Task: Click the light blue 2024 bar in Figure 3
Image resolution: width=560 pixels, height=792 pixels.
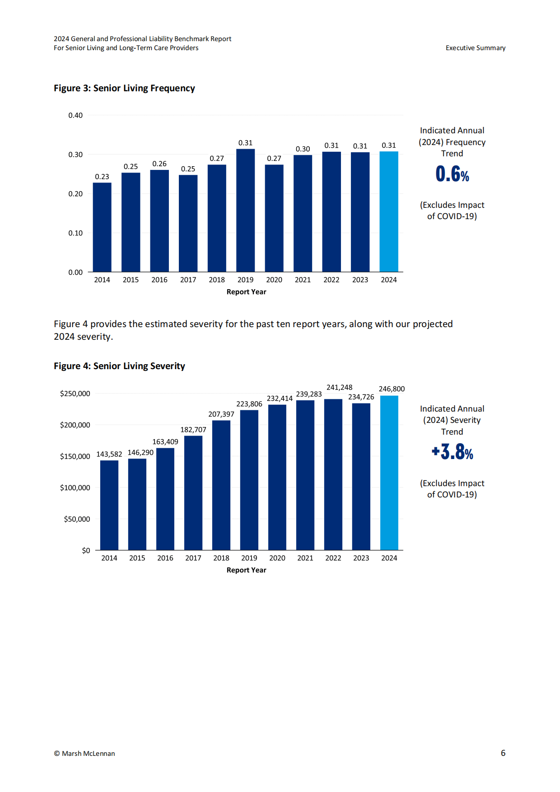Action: (389, 211)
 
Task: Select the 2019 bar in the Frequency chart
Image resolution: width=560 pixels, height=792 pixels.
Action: (245, 210)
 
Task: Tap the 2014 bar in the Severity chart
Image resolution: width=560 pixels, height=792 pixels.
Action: (109, 505)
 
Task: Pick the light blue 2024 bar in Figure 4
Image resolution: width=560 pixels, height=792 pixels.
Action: (389, 473)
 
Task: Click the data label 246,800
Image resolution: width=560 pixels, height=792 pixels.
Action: (392, 389)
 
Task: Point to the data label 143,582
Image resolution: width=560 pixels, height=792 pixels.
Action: (109, 454)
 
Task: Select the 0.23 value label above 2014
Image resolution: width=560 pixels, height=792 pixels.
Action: (102, 177)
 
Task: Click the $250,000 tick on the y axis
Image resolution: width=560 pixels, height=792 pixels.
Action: (75, 394)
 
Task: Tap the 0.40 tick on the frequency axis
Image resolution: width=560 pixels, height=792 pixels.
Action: (75, 115)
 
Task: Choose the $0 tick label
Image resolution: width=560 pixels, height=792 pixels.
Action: (86, 550)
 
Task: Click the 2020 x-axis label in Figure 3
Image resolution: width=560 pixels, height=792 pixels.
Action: (274, 280)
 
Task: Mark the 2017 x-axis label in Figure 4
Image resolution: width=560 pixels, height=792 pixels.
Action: (193, 558)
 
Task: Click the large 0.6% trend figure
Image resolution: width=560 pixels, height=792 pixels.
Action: (452, 174)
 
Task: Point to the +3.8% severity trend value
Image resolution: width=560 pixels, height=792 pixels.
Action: (452, 452)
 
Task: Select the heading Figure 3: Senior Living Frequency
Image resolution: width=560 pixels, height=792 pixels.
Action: (124, 88)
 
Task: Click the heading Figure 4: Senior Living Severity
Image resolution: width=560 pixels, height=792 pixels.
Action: (119, 366)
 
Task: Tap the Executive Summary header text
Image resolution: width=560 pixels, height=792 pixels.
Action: (476, 48)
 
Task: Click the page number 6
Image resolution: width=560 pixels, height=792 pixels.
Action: (503, 753)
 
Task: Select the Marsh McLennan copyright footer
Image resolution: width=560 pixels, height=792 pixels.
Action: (84, 754)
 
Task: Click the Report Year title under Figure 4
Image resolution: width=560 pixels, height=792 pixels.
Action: (247, 570)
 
